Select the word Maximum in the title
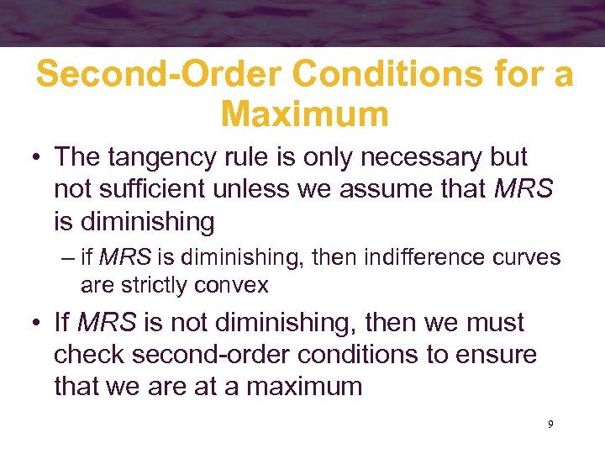(305, 113)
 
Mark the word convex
(235, 286)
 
